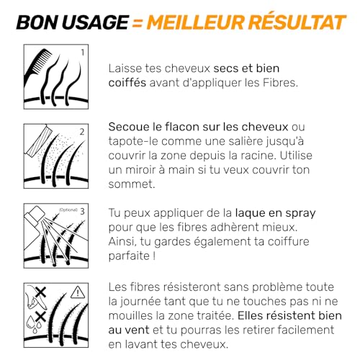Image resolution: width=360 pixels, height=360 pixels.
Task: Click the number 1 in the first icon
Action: coord(81,53)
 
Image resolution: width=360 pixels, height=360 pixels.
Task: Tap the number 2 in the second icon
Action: coord(81,132)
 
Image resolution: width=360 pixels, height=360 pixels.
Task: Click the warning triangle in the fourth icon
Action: coord(79,292)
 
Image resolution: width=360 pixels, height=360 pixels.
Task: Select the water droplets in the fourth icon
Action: coord(32,320)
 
